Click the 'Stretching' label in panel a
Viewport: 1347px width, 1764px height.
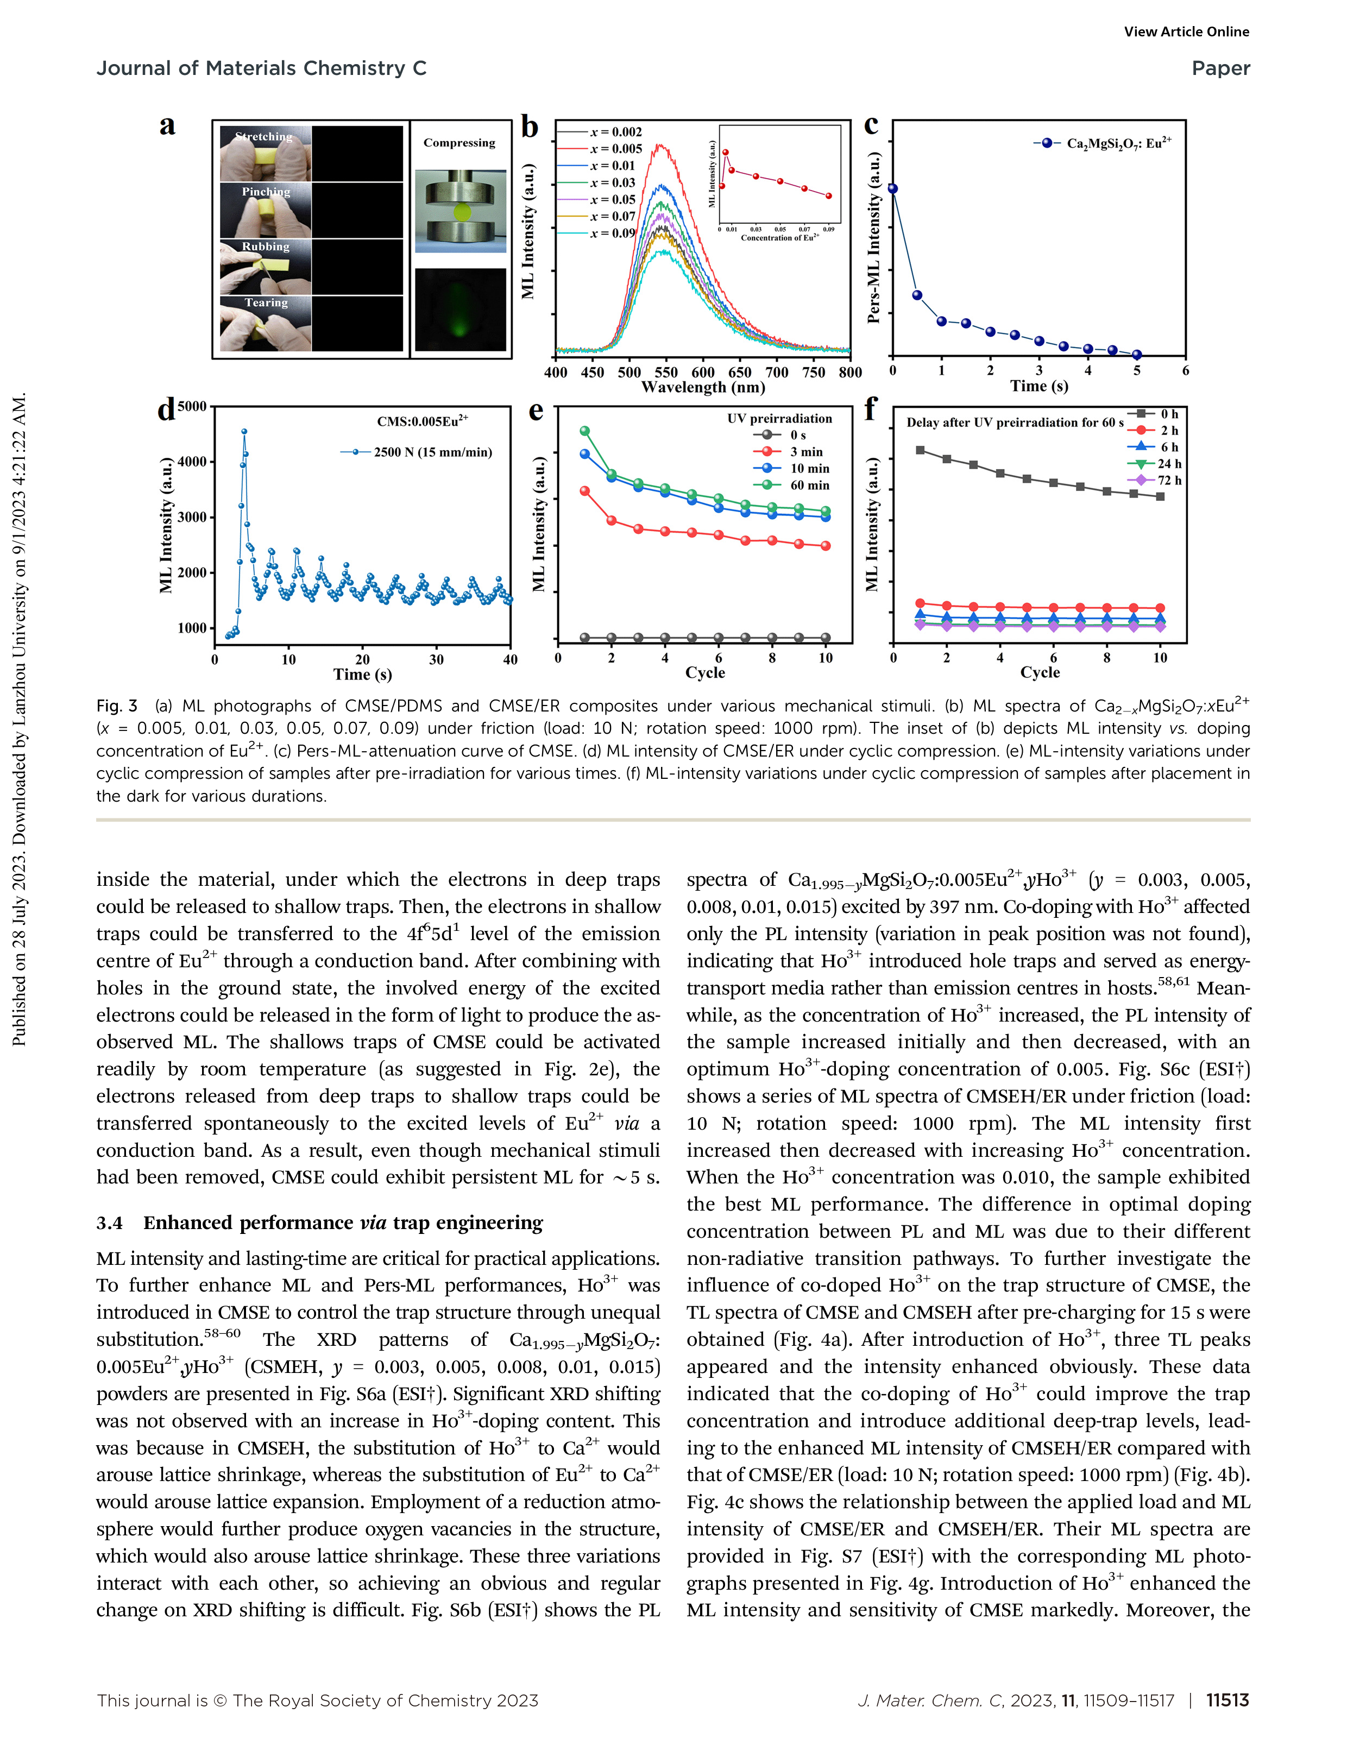coord(264,136)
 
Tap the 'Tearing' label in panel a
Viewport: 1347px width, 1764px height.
coord(266,303)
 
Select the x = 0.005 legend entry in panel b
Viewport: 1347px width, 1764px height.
coord(616,148)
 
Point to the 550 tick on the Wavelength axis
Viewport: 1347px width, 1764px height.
coord(665,372)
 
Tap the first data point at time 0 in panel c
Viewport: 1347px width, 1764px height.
coord(892,188)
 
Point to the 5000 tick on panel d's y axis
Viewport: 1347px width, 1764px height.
coord(192,407)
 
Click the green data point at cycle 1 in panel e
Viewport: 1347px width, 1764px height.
coord(584,431)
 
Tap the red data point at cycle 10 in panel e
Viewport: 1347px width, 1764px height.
coord(826,546)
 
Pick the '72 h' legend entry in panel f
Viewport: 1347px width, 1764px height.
coord(1168,480)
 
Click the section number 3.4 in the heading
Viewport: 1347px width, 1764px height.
coord(110,1223)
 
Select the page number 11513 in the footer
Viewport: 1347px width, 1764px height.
coord(1227,1700)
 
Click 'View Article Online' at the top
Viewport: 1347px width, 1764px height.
coord(1186,32)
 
